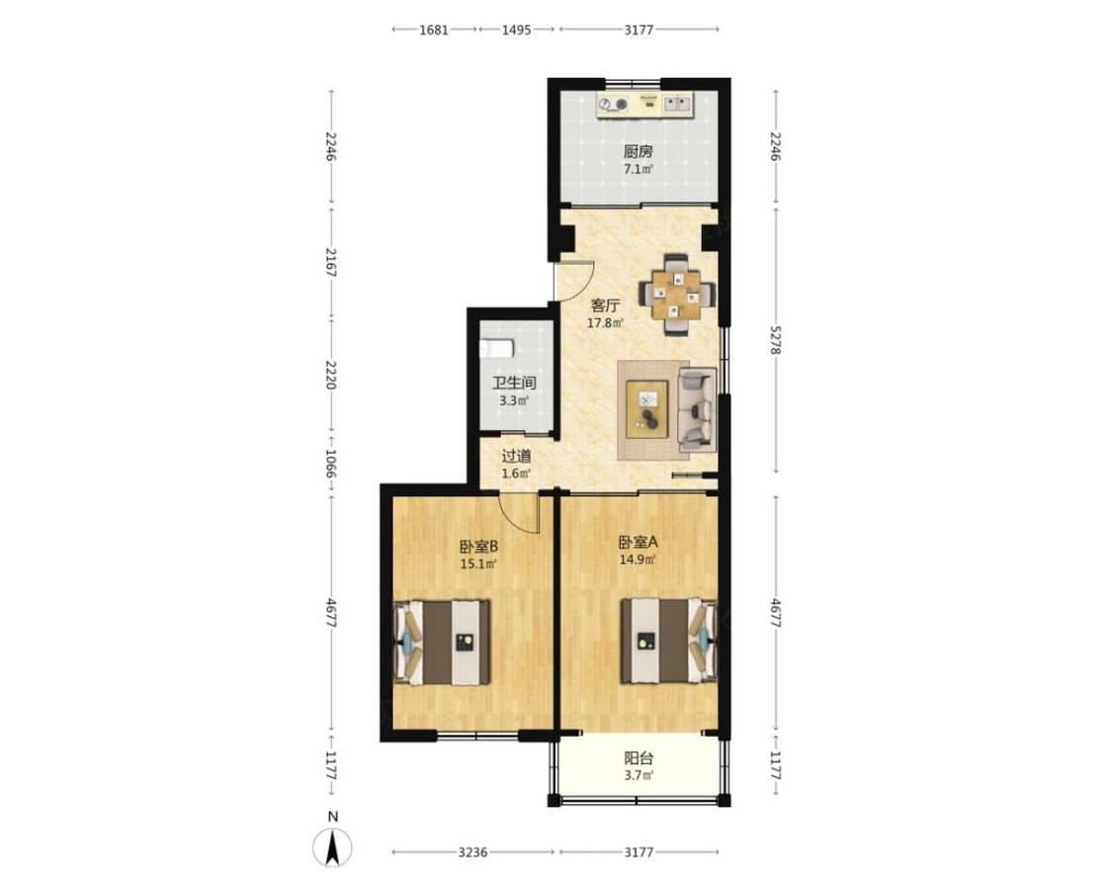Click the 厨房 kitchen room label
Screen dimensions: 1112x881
tap(639, 151)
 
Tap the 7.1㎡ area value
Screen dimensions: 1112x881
tap(639, 169)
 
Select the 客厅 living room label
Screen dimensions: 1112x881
tap(605, 306)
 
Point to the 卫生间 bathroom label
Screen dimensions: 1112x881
tap(514, 383)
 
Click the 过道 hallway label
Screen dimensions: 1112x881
tap(516, 456)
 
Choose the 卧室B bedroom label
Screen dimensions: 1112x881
tap(478, 547)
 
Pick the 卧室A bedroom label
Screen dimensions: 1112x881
tap(639, 543)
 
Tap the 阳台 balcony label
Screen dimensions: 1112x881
tap(639, 758)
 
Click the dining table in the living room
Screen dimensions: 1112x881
tap(676, 294)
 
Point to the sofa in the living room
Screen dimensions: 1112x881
tap(696, 409)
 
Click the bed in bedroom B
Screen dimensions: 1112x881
tap(442, 643)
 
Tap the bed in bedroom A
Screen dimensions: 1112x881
tap(669, 642)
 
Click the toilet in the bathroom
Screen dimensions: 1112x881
tap(496, 349)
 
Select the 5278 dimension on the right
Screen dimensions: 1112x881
tap(776, 340)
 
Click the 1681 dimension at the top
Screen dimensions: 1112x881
tap(433, 30)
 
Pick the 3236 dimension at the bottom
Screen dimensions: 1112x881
tap(472, 852)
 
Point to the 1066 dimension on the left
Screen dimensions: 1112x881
tap(331, 463)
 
